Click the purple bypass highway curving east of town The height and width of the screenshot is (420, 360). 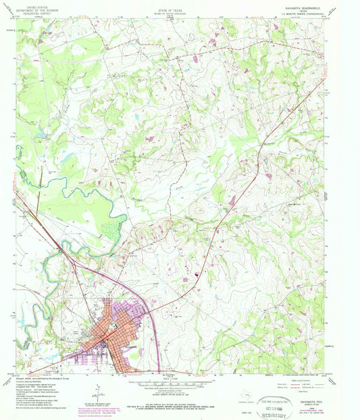click(153, 311)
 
